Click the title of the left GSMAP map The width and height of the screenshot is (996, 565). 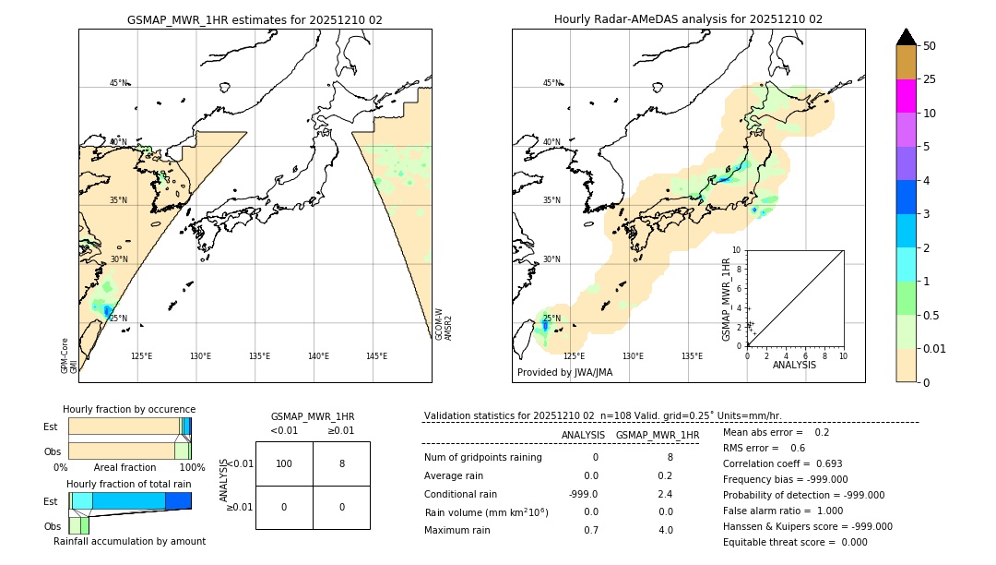coord(255,19)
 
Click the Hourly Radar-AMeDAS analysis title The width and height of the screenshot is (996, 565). coord(688,19)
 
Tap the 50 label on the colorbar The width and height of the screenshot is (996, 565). coord(930,46)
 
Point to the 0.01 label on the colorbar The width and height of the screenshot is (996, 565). coord(935,348)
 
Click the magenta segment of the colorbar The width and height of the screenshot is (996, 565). coord(907,96)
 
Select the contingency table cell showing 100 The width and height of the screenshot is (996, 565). coord(284,463)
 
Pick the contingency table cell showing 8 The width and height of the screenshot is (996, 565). coord(341,463)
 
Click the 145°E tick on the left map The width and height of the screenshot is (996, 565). coord(376,356)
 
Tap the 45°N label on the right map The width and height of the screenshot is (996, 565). coord(551,83)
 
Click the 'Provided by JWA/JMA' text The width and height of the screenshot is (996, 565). coord(564,373)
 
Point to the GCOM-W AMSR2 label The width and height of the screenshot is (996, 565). coord(444,324)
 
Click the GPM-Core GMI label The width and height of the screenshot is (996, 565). coord(69,355)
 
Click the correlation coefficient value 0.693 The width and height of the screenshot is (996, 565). coord(823,463)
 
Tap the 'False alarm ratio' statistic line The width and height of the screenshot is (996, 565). coord(783,511)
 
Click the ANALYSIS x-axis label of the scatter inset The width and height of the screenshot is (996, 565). coord(794,365)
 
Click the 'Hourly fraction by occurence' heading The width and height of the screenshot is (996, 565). coord(129,409)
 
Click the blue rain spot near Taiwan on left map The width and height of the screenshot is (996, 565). coord(108,311)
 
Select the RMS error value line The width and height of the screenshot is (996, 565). coord(765,448)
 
